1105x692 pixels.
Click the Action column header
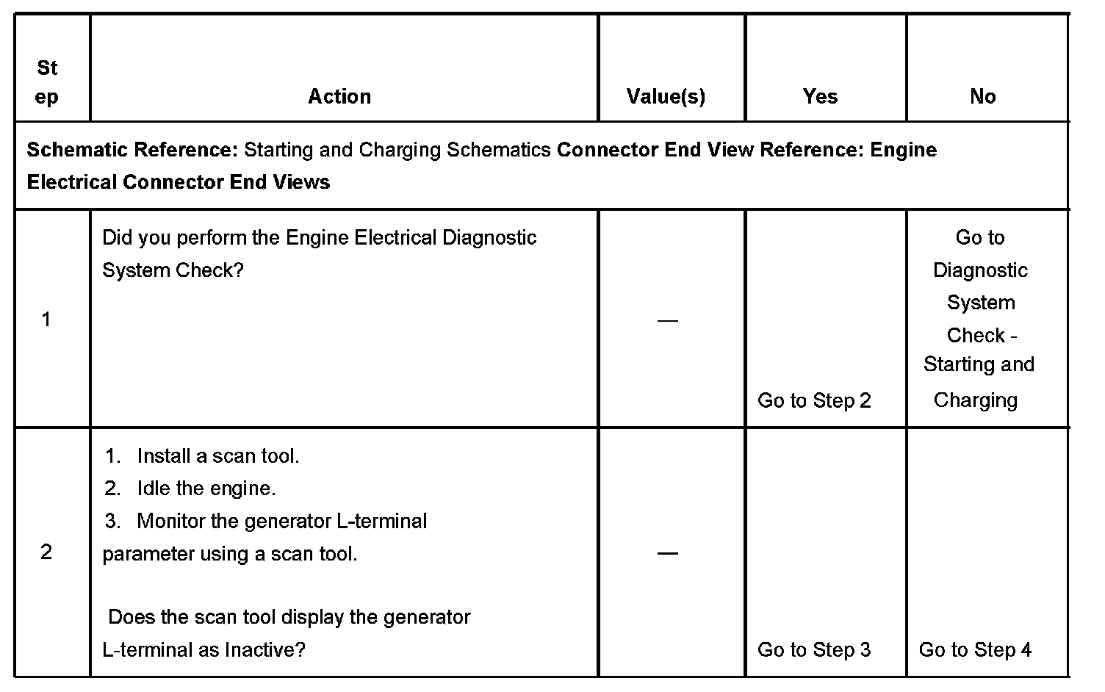339,96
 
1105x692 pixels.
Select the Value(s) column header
666,96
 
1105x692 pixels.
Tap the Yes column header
820,96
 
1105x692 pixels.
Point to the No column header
982,96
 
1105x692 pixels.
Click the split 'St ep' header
47,82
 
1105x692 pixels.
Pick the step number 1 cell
46,320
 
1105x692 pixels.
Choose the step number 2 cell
46,552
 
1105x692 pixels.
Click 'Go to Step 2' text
814,400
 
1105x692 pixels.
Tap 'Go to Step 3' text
814,649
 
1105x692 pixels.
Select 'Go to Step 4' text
975,649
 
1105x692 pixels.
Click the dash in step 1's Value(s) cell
667,320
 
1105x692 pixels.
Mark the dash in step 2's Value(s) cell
667,552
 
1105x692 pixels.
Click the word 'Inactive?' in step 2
264,649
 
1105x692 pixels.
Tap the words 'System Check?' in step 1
173,270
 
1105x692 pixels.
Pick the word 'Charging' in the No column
976,400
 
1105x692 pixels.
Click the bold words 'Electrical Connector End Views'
179,182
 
